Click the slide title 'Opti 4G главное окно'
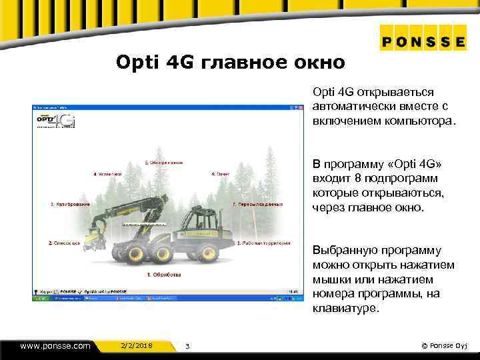tap(231, 63)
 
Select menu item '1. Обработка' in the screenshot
tap(164, 274)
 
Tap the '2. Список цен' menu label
tap(65, 243)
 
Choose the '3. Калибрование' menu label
tap(71, 204)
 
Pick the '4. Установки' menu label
tap(107, 174)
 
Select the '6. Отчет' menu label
tap(221, 174)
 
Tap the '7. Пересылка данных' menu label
tap(258, 204)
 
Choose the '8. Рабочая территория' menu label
tap(263, 243)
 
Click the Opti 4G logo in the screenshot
tap(56, 120)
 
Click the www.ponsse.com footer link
tap(55, 345)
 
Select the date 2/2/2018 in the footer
tap(137, 345)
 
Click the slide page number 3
tap(187, 346)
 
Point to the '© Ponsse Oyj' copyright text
tap(446, 345)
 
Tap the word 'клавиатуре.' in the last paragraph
tap(345, 309)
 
